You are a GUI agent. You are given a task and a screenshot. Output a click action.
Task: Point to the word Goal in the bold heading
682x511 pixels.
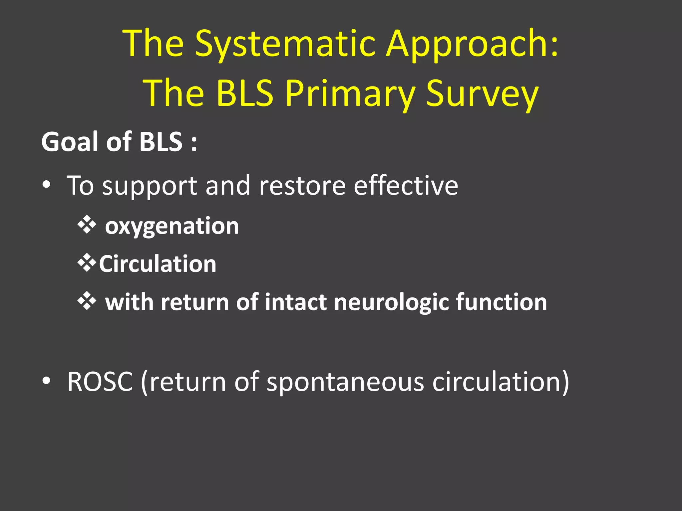[70, 142]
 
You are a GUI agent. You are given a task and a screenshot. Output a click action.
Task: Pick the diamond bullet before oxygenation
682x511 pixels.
[87, 225]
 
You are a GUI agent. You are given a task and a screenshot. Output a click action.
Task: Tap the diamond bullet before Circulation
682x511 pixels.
[87, 263]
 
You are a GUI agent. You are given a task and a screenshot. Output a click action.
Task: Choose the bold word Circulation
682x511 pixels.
[158, 264]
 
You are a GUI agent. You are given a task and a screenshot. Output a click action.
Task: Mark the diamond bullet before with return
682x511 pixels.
[87, 301]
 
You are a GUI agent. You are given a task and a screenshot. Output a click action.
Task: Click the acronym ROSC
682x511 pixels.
[100, 382]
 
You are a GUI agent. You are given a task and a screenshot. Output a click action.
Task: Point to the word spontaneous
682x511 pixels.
[345, 382]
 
